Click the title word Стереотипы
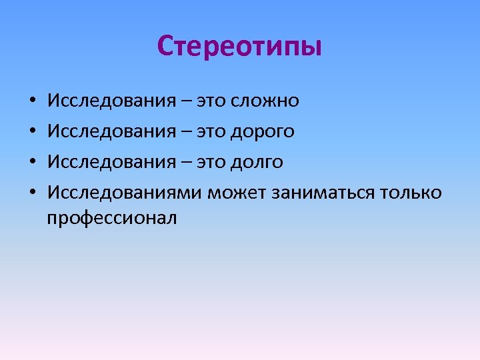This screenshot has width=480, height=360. tap(239, 47)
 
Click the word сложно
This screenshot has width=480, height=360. tap(265, 101)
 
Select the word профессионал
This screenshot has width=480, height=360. tap(112, 217)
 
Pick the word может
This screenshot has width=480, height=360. tap(237, 193)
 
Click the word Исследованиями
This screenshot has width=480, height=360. tap(125, 193)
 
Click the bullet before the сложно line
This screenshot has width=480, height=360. tap(32, 102)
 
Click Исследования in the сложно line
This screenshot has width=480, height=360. tap(111, 101)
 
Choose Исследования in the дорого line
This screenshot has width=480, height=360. tap(111, 132)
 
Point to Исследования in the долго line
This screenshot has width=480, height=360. tap(111, 163)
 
